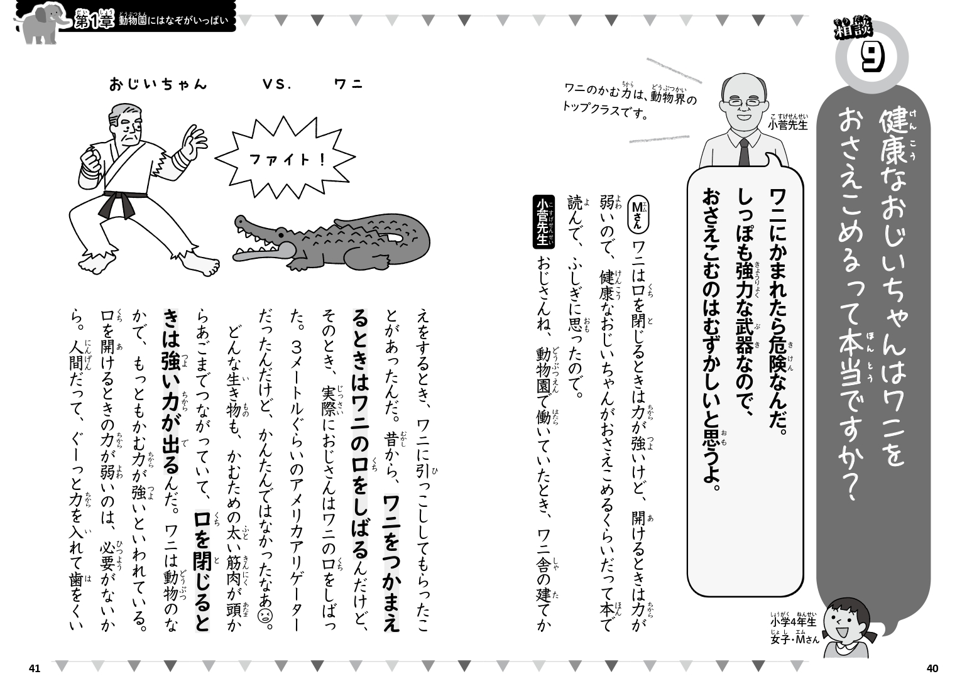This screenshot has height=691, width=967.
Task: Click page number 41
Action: pyautogui.click(x=35, y=668)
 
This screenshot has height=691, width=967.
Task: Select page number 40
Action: pyautogui.click(x=932, y=668)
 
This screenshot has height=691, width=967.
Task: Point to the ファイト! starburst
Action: pyautogui.click(x=286, y=160)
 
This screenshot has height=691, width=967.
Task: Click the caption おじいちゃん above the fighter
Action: pyautogui.click(x=158, y=85)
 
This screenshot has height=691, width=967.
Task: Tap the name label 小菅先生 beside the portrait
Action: pyautogui.click(x=787, y=124)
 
